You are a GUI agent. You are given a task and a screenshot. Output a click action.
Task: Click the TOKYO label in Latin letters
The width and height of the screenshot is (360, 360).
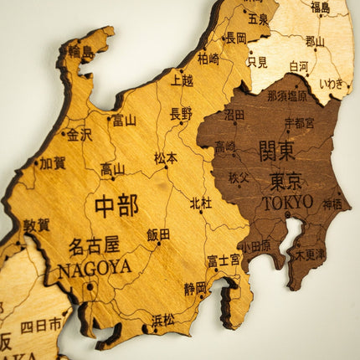point(287,203)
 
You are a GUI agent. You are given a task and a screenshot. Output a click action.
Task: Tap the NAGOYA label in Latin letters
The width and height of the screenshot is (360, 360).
point(95,267)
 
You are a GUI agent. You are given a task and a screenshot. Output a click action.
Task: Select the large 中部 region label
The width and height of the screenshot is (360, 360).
point(116,205)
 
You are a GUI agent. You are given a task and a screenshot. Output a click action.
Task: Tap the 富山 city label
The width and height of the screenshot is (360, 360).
point(124,120)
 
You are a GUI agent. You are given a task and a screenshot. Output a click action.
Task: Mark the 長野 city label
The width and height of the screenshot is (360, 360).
point(181,113)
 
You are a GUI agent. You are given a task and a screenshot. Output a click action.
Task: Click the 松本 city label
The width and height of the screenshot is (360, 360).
point(166,157)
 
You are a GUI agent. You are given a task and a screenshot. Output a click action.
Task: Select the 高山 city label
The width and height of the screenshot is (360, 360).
point(113,169)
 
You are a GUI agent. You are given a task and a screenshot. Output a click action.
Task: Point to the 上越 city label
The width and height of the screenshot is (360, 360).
point(182,80)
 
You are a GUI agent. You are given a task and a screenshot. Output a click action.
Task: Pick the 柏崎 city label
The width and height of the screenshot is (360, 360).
point(208,58)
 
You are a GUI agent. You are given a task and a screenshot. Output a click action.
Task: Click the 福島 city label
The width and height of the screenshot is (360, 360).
point(320,8)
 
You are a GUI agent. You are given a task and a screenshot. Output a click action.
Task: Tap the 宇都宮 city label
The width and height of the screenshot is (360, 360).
point(299,122)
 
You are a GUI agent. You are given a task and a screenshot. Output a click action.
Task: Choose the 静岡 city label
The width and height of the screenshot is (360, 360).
point(195,288)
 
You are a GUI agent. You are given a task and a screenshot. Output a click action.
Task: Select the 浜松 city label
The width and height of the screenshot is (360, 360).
point(163,319)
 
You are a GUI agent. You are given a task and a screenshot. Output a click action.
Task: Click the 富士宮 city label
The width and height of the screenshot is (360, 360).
point(224,260)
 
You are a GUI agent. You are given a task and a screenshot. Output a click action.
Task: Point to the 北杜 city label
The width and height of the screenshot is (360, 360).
point(201,203)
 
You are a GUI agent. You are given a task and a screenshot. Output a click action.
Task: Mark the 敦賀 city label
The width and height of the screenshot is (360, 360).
point(36,224)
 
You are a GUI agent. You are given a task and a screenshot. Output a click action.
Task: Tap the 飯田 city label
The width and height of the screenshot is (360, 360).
point(158,234)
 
